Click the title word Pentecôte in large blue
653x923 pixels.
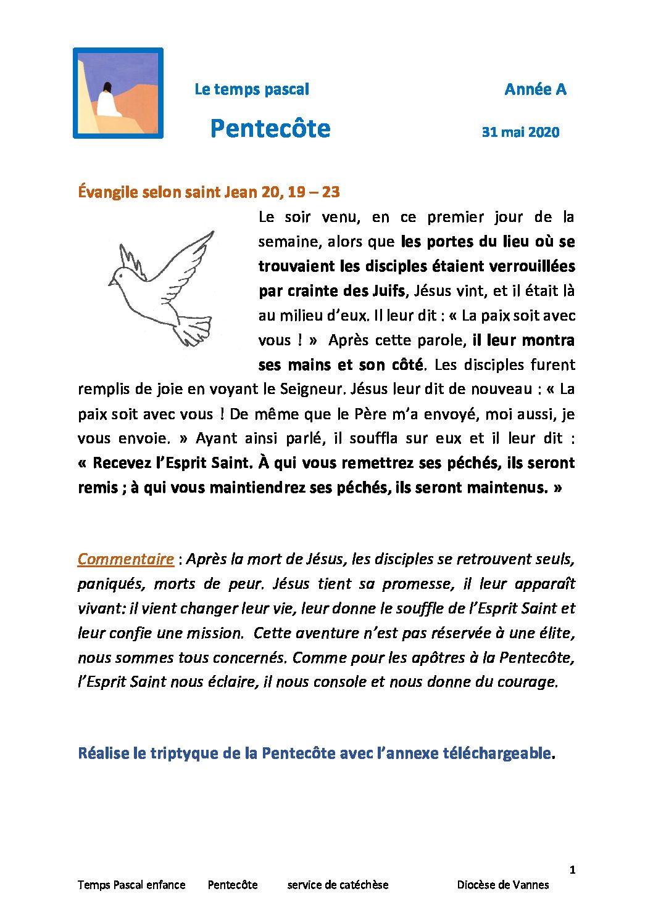270,128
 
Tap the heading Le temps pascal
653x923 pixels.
251,89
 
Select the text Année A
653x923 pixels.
534,89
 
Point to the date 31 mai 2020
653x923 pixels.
520,132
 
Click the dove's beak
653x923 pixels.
111,283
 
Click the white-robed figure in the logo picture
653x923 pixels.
109,101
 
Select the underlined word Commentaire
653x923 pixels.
125,559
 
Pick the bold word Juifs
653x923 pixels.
389,291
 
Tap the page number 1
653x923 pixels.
572,870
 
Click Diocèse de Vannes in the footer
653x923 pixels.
502,885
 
